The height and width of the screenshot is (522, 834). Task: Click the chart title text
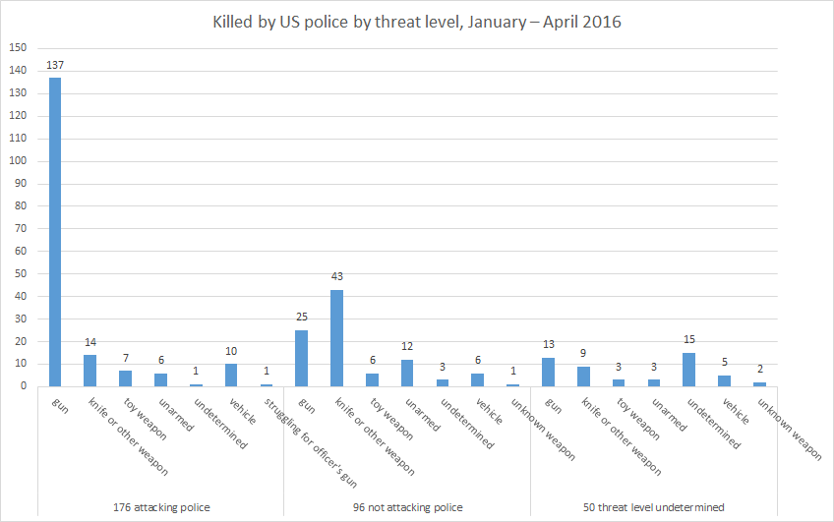(x=417, y=21)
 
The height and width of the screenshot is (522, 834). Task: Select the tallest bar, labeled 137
(x=55, y=232)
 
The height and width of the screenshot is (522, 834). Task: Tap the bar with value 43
(x=336, y=338)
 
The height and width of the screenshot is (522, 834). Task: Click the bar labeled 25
(x=301, y=358)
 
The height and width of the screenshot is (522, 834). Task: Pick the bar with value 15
(x=687, y=370)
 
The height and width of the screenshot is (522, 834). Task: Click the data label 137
(x=55, y=66)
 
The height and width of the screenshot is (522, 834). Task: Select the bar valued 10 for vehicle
(x=231, y=376)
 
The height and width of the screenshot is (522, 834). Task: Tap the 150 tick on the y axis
(x=18, y=48)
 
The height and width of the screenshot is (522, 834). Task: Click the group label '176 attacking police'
(x=161, y=507)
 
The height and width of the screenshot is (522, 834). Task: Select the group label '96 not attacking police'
(x=407, y=507)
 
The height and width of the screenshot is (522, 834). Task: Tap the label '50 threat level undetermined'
(x=653, y=507)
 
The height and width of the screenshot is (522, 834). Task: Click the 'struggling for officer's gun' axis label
(x=311, y=442)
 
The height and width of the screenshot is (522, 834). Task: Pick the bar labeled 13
(x=548, y=372)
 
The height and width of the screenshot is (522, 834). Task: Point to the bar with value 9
(x=583, y=377)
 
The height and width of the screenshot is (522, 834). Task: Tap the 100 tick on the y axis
(x=18, y=161)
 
